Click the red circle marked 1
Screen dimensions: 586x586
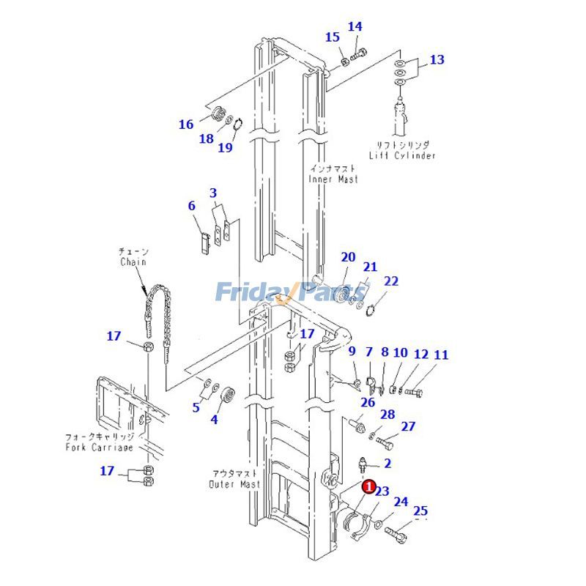point(370,486)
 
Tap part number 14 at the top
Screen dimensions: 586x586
point(355,27)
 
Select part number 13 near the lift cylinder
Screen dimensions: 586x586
point(437,60)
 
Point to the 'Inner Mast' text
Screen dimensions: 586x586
point(333,179)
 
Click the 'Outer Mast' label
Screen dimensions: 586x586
point(234,484)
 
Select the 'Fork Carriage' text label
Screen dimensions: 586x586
point(100,447)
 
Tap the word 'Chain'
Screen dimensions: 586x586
point(133,262)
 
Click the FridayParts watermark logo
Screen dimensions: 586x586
point(293,293)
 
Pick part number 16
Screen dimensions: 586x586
point(186,125)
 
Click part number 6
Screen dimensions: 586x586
point(192,206)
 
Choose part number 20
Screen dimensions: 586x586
point(348,257)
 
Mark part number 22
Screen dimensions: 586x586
point(392,281)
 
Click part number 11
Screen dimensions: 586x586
point(441,355)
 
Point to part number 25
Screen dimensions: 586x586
point(420,511)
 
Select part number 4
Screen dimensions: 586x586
point(215,420)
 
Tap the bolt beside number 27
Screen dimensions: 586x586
point(387,442)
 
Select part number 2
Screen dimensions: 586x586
point(387,463)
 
